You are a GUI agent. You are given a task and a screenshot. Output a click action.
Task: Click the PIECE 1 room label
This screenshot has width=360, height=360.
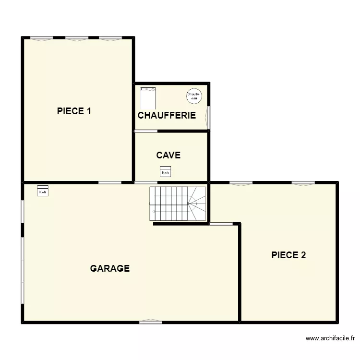tap(74, 111)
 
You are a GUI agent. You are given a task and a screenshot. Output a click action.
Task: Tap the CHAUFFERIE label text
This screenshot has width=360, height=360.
tap(167, 115)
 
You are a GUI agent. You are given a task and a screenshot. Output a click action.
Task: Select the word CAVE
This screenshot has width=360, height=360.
tap(168, 155)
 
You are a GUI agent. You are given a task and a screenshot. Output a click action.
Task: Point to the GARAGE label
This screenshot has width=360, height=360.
tap(110, 268)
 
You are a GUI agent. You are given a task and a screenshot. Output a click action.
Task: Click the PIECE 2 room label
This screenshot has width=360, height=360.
tap(288, 255)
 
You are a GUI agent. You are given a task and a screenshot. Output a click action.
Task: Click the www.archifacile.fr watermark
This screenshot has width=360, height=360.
tap(333, 338)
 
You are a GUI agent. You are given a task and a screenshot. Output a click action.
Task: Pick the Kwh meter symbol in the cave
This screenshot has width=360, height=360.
tap(165, 172)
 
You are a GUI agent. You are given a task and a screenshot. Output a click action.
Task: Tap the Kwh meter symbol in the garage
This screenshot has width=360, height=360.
tap(43, 191)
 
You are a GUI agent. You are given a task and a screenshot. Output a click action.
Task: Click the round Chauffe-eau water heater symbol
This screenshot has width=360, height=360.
tap(193, 96)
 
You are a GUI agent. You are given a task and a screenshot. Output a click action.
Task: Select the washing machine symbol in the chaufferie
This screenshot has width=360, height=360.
tap(148, 97)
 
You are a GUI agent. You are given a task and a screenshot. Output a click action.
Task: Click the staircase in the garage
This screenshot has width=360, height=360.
tap(178, 204)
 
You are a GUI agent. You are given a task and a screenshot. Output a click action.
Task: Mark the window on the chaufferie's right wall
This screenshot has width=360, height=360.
tap(209, 117)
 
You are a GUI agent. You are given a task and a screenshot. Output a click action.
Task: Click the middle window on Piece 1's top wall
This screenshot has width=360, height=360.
tap(77, 38)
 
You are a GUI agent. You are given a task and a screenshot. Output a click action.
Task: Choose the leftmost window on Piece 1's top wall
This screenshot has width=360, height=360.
tap(41, 38)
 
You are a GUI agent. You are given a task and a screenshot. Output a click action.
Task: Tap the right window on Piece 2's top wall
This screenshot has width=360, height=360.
tap(303, 183)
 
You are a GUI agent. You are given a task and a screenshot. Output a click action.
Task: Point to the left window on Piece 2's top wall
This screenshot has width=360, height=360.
tap(241, 183)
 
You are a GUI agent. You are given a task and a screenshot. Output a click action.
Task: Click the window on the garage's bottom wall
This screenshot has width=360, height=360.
tap(150, 322)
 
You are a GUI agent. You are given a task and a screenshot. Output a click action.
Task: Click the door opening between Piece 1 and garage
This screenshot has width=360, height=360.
tap(109, 182)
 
